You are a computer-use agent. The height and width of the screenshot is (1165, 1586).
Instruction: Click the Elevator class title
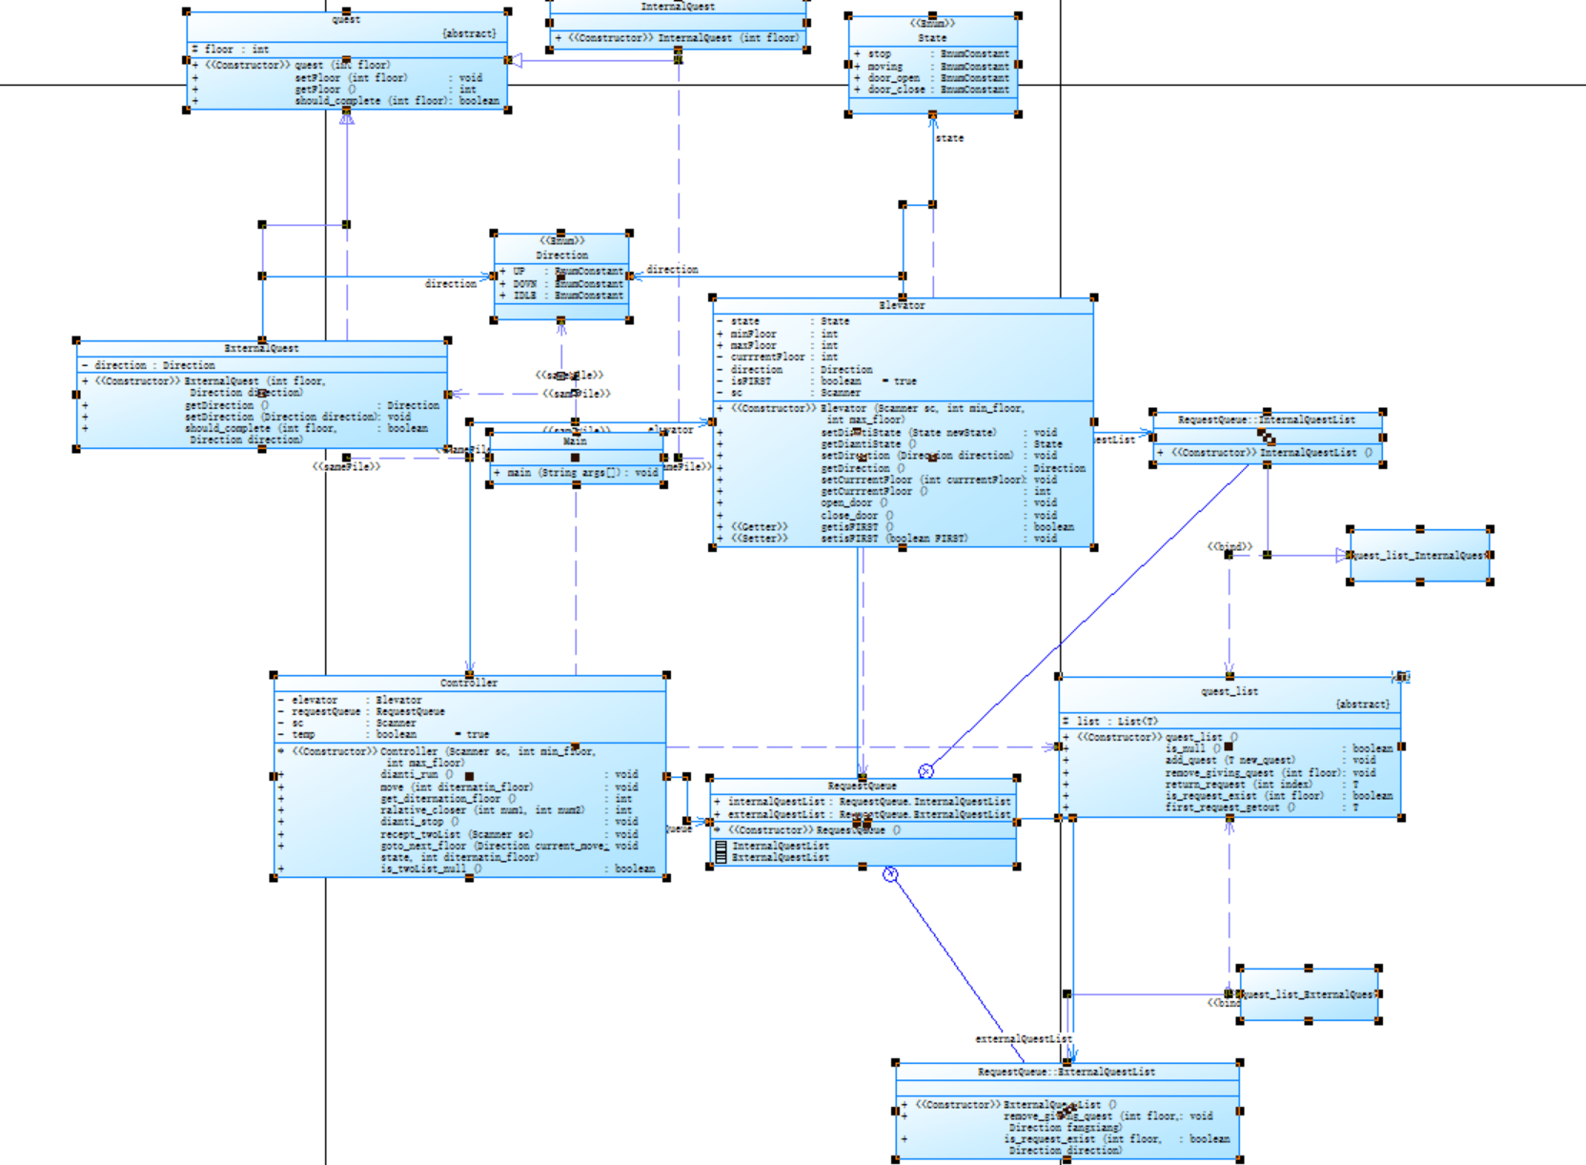pyautogui.click(x=902, y=305)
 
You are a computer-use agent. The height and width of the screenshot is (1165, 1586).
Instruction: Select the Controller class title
pyautogui.click(x=469, y=683)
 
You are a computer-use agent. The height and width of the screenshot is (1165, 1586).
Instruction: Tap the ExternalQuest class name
pyautogui.click(x=261, y=348)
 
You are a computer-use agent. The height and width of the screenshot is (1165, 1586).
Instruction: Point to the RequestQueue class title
pyautogui.click(x=862, y=786)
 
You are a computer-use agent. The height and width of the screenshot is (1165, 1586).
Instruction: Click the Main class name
pyautogui.click(x=575, y=441)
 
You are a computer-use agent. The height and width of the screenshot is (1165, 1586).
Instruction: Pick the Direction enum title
pyautogui.click(x=561, y=255)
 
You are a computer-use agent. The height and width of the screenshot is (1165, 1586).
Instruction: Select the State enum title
pyautogui.click(x=932, y=38)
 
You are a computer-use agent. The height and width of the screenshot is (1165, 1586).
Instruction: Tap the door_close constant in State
pyautogui.click(x=896, y=90)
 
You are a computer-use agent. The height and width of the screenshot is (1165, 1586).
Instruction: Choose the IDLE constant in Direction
pyautogui.click(x=525, y=296)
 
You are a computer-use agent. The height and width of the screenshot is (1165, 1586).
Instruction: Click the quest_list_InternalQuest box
pyautogui.click(x=1419, y=555)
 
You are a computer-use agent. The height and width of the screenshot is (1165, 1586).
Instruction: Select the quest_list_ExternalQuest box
pyautogui.click(x=1309, y=994)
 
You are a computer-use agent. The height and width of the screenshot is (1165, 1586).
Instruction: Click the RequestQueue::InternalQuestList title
pyautogui.click(x=1266, y=419)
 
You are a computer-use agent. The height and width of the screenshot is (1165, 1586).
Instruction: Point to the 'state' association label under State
pyautogui.click(x=949, y=138)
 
